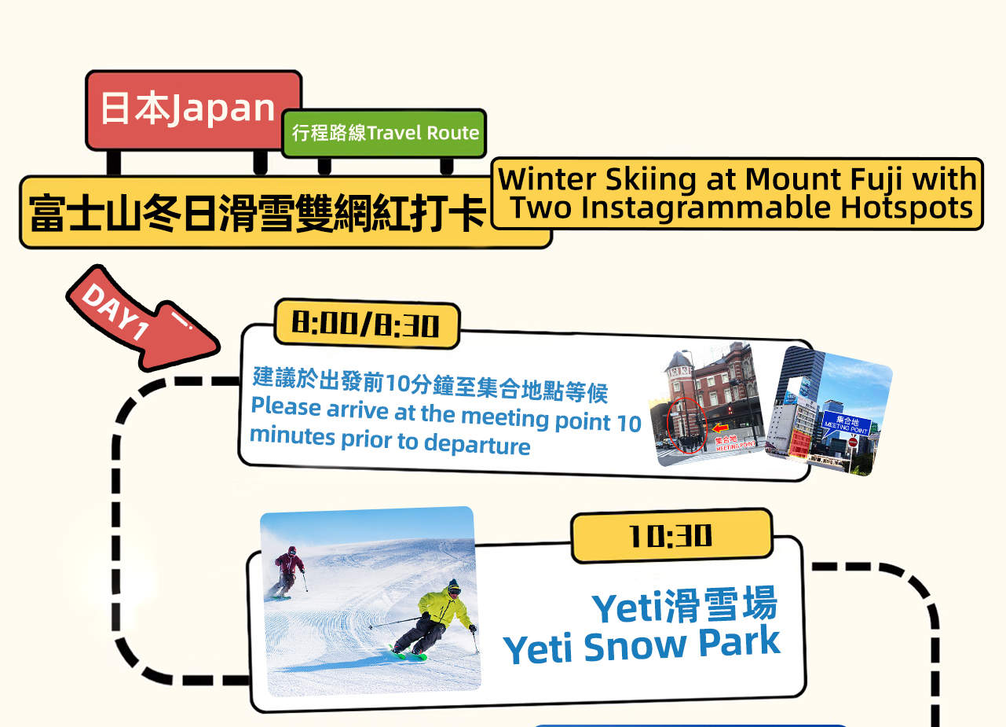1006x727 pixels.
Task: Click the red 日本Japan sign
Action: click(x=192, y=109)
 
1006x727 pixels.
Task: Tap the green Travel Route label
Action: click(x=384, y=133)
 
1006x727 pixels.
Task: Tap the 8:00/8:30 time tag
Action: click(x=365, y=324)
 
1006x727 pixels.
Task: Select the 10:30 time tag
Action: click(x=671, y=536)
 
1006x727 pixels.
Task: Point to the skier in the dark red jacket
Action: click(x=289, y=571)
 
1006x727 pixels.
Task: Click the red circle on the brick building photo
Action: click(x=682, y=425)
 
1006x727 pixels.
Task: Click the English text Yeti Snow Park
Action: click(x=642, y=645)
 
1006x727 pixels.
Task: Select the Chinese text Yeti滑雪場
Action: click(x=684, y=607)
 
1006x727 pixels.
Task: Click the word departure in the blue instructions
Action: click(x=477, y=444)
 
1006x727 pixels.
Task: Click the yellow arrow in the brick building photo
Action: click(x=721, y=428)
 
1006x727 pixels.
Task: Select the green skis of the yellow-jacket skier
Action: click(x=408, y=653)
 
